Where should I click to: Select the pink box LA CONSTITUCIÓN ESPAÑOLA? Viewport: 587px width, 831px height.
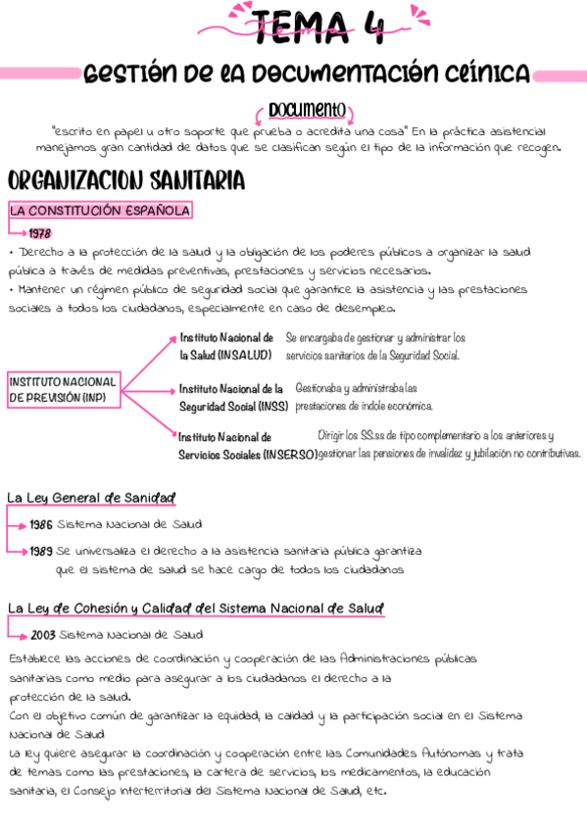[x=99, y=211]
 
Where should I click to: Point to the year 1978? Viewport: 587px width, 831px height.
[x=39, y=233]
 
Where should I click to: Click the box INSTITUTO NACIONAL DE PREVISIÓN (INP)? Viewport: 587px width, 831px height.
[x=63, y=390]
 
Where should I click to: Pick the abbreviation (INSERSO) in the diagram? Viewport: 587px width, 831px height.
[x=290, y=454]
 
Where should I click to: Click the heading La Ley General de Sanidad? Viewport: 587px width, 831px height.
[x=90, y=497]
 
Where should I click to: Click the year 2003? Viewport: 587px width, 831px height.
[x=42, y=634]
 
